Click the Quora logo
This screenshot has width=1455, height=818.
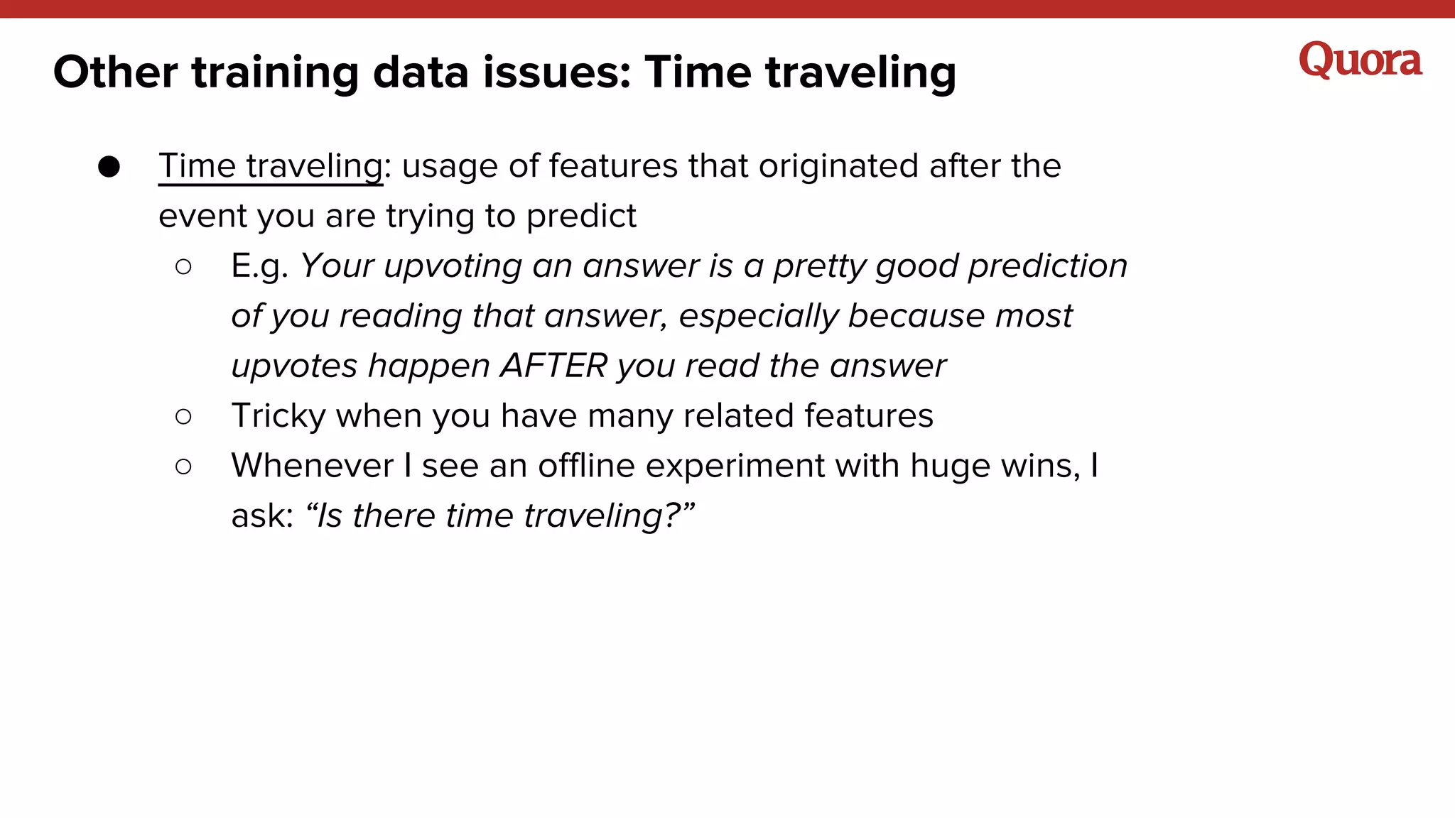(x=1360, y=60)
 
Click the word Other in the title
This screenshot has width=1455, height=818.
(x=115, y=72)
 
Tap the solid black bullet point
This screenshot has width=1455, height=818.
(x=109, y=167)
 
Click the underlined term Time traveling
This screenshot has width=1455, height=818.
(x=270, y=166)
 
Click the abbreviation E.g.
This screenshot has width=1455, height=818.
(x=259, y=267)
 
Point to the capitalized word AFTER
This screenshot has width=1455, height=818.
(x=553, y=366)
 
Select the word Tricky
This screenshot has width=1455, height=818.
(x=278, y=416)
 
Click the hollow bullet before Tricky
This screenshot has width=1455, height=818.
(x=183, y=417)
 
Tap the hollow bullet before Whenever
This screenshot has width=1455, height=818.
(x=183, y=467)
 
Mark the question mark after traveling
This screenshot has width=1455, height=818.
(x=671, y=516)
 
